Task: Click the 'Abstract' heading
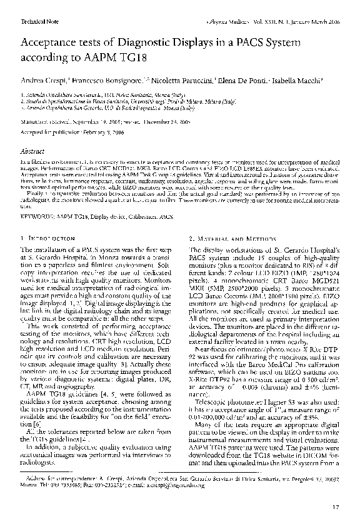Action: coord(33,151)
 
